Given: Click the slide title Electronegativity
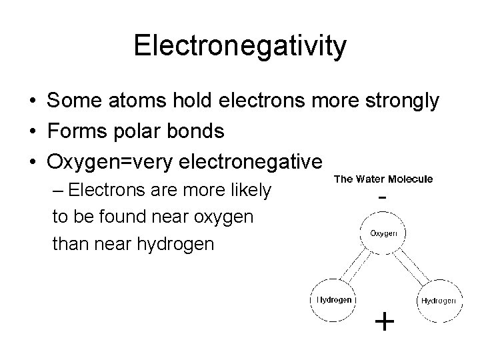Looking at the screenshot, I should [x=240, y=46].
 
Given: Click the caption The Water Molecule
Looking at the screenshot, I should [x=383, y=179].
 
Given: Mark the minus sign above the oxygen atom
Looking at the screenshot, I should [x=383, y=198].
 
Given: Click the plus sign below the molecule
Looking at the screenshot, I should [x=385, y=323].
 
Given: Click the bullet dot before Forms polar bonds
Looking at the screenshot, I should [x=32, y=132].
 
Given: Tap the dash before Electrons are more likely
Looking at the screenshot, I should [x=58, y=191].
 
